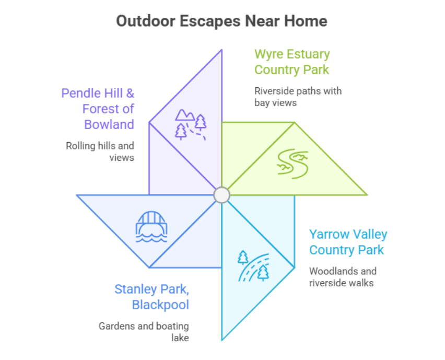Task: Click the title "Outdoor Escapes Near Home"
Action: (x=221, y=21)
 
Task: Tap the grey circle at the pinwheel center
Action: (x=222, y=195)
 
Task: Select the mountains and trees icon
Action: (x=190, y=124)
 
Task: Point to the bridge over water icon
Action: (x=151, y=226)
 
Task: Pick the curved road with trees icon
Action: (x=253, y=266)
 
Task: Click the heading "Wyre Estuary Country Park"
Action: (x=292, y=62)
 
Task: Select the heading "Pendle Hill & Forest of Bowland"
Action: (x=98, y=109)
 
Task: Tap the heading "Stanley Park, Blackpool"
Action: (x=151, y=297)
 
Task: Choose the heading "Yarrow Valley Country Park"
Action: (x=348, y=242)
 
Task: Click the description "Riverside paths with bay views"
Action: (x=298, y=97)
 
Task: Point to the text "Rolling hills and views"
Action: (x=100, y=152)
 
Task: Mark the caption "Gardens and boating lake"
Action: (x=144, y=332)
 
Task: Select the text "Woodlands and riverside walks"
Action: (x=343, y=277)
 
